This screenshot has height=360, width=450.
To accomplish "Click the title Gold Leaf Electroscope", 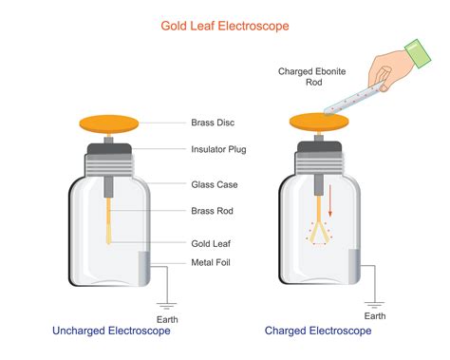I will tap(226, 27).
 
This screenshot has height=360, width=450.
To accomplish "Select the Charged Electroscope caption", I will tap(317, 331).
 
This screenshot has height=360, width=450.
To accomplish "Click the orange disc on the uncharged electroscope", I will tap(108, 123).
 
